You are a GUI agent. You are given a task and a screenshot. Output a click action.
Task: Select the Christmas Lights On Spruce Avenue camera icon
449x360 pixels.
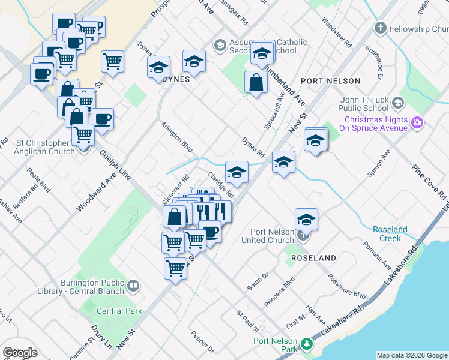coord(418,123)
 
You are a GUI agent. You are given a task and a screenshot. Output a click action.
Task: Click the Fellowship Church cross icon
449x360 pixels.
coord(379,28)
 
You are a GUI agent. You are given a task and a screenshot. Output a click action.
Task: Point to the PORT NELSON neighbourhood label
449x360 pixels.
coord(330,80)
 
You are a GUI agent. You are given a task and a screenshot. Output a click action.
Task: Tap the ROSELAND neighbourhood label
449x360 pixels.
coord(313,257)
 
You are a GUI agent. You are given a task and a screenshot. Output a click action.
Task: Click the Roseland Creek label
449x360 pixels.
coord(390,234)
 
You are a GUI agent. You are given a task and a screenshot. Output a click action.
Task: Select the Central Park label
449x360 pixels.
coord(119,311)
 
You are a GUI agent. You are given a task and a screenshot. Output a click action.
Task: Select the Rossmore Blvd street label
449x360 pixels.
coord(346,287)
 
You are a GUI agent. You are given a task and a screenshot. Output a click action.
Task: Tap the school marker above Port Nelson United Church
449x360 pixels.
coord(306,220)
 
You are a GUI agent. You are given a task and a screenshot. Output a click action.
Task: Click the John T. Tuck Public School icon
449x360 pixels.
coord(397,103)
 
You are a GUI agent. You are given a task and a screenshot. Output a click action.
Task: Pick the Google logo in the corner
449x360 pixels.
coord(20,353)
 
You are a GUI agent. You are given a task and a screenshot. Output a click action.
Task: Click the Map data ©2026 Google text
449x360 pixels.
coord(412,355)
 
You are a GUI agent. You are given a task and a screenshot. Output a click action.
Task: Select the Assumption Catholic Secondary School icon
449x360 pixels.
coord(220,45)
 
